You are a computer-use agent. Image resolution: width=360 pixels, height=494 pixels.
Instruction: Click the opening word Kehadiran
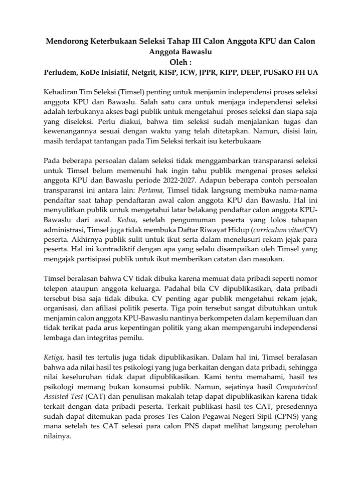(62, 93)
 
